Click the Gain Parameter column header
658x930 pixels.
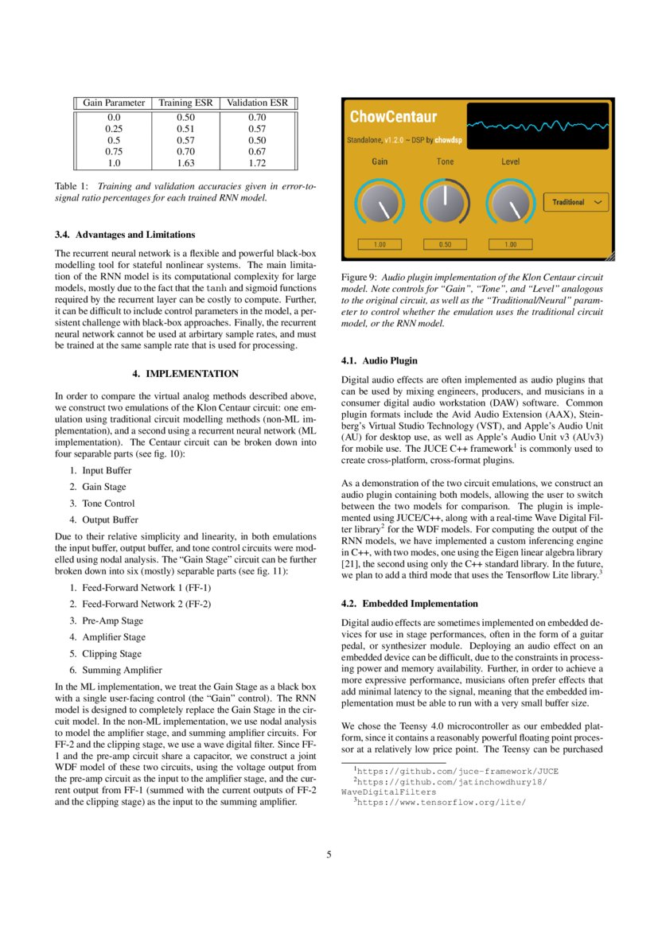[x=114, y=103]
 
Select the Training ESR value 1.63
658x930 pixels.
[x=185, y=162]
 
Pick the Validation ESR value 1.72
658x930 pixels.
[x=257, y=162]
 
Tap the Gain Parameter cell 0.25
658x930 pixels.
[x=114, y=128]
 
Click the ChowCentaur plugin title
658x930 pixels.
[x=393, y=117]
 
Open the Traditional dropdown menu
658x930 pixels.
[x=576, y=202]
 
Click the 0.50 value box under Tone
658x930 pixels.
[x=445, y=245]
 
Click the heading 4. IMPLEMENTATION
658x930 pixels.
[x=185, y=373]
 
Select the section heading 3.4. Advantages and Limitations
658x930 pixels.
[x=125, y=235]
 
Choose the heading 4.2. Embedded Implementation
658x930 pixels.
[x=409, y=603]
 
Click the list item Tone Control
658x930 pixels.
[x=108, y=503]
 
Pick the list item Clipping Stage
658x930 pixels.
[x=111, y=653]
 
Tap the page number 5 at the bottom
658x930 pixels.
[x=329, y=854]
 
